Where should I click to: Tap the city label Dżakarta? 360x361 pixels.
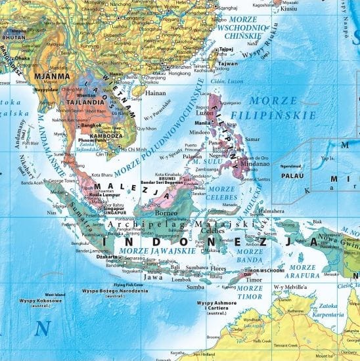click(109, 258)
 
